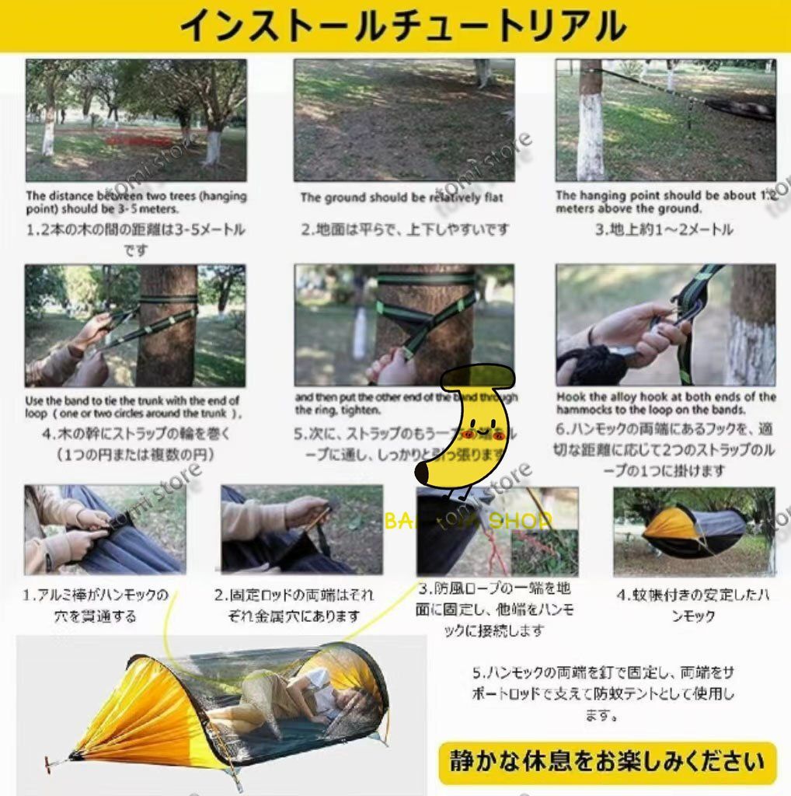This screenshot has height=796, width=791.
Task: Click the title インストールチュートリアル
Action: pyautogui.click(x=402, y=26)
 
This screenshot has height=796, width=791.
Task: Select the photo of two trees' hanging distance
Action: pyautogui.click(x=136, y=120)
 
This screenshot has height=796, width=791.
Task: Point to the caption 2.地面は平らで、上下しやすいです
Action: pyautogui.click(x=406, y=229)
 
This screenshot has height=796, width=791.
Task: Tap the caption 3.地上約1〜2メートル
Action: pyautogui.click(x=664, y=229)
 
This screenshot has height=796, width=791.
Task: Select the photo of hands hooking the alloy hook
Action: pyautogui.click(x=666, y=325)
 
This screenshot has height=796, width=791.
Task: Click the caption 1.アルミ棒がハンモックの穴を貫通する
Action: pyautogui.click(x=95, y=606)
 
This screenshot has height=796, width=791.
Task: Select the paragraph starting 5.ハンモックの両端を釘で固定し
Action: pyautogui.click(x=602, y=693)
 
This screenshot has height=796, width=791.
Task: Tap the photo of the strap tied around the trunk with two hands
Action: pyautogui.click(x=135, y=326)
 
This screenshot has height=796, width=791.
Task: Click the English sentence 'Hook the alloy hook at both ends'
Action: pyautogui.click(x=666, y=403)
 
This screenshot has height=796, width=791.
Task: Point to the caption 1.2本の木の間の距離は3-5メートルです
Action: pyautogui.click(x=136, y=239)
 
